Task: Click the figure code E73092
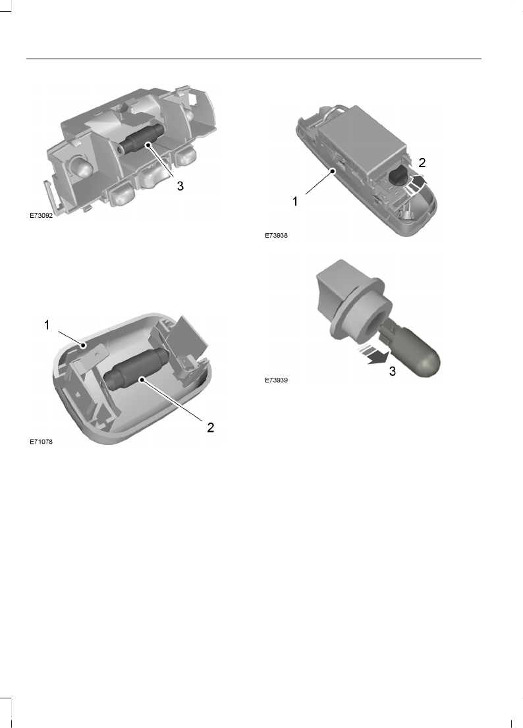click(41, 216)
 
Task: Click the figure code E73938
click(277, 236)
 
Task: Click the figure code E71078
click(41, 442)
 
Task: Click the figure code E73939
click(277, 380)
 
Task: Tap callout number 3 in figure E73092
click(180, 186)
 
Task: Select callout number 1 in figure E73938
click(295, 202)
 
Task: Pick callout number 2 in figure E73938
click(422, 163)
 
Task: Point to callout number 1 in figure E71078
click(47, 325)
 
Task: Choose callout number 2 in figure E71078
click(210, 428)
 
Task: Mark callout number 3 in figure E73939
click(393, 371)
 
